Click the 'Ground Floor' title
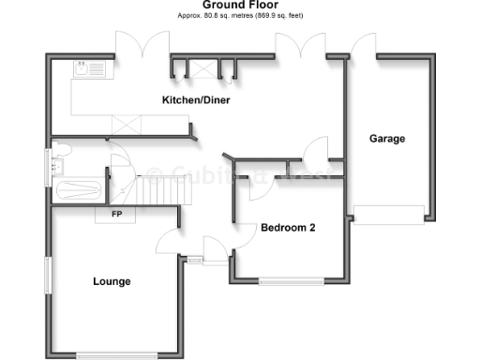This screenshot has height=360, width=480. (x=239, y=6)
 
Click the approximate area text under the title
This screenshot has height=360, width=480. (x=239, y=17)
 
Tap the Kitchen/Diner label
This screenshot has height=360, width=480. (x=196, y=100)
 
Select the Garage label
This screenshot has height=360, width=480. (x=386, y=139)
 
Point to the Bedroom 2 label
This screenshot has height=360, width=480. (x=288, y=227)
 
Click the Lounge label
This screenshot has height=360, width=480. (x=112, y=281)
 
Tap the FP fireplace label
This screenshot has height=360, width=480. (x=117, y=215)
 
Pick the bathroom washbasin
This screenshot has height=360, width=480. (x=59, y=166)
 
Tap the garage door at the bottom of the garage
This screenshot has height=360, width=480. (x=388, y=214)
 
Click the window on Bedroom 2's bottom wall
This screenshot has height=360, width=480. (x=292, y=280)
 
